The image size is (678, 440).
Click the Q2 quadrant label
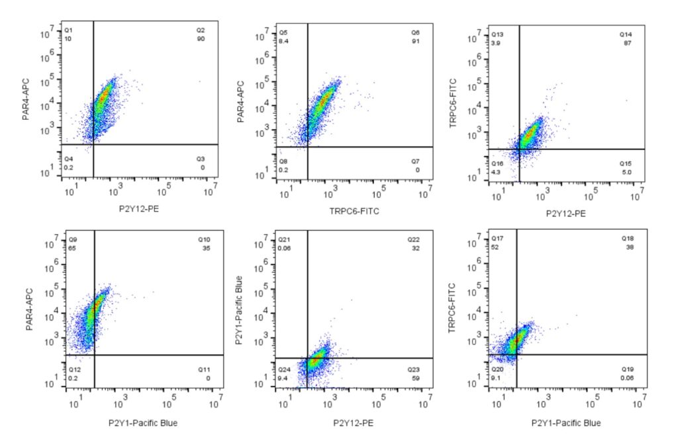point(201,30)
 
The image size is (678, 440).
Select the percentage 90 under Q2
point(201,39)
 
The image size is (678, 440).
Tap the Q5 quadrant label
point(283,32)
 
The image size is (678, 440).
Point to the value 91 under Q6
point(415,41)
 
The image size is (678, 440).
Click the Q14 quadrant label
point(625,34)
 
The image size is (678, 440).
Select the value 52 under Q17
point(494,247)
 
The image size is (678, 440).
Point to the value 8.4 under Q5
point(283,41)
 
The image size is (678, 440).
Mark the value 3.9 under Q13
point(494,42)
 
